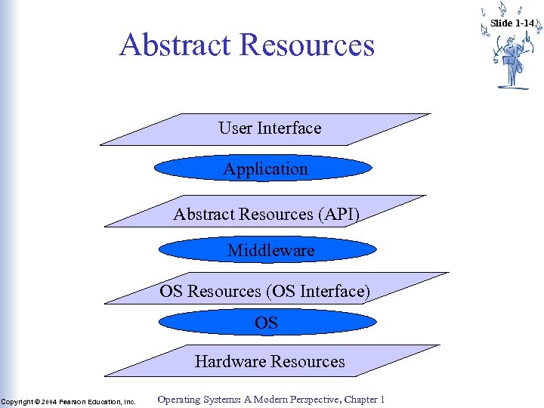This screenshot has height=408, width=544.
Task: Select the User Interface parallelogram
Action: (151, 132)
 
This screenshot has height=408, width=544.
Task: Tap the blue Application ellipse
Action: (266, 169)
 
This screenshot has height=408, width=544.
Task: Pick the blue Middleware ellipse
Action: (271, 250)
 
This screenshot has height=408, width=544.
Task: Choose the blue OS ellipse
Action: (267, 323)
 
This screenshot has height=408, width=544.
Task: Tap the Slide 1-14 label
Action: (512, 23)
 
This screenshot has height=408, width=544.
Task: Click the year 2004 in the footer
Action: (48, 401)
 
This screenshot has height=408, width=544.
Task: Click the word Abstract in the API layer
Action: (204, 215)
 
